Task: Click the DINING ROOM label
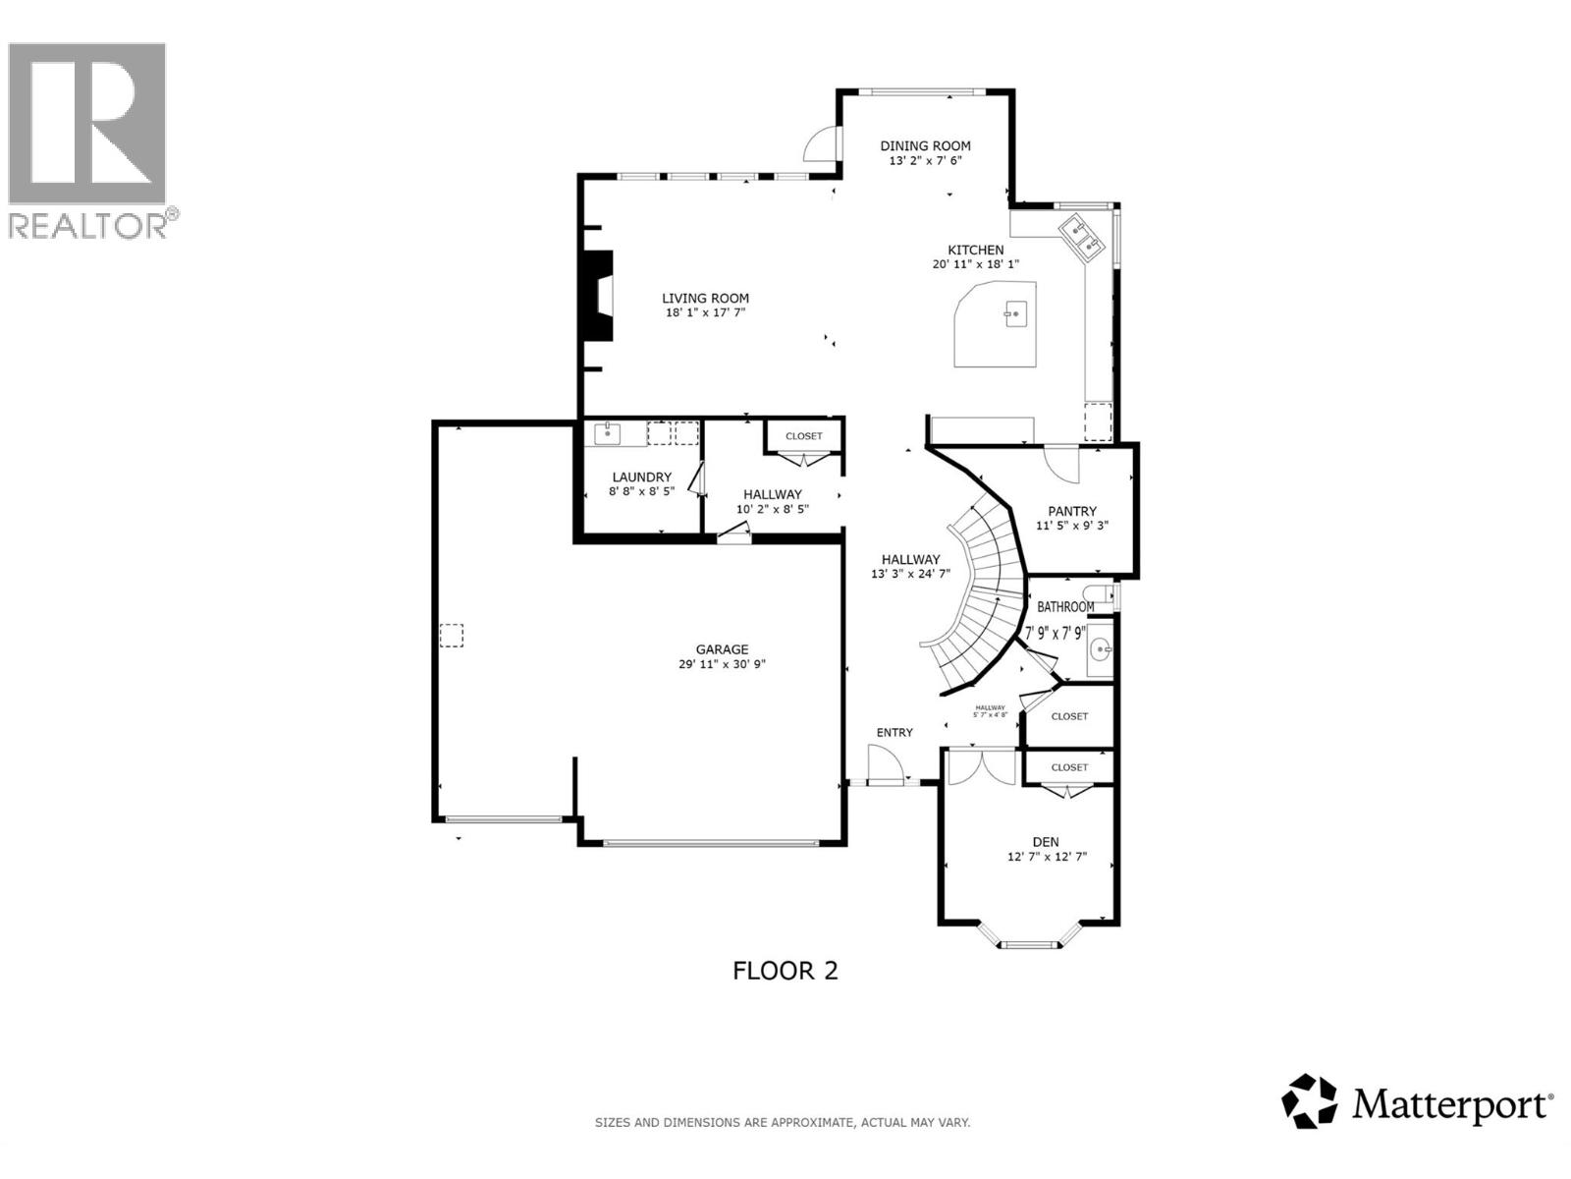[x=925, y=145]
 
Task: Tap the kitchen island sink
[x=1015, y=315]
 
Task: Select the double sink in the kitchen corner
[x=1084, y=237]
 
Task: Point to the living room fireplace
[x=595, y=296]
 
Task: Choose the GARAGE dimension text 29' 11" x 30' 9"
[x=722, y=664]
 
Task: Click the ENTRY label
[x=894, y=732]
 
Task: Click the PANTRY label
[x=1072, y=511]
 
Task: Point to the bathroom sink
[x=1101, y=649]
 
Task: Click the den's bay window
[x=1030, y=944]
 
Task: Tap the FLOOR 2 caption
[x=785, y=971]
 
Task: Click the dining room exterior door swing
[x=821, y=145]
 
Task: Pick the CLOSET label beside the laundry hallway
[x=803, y=436]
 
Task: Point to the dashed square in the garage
[x=451, y=636]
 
